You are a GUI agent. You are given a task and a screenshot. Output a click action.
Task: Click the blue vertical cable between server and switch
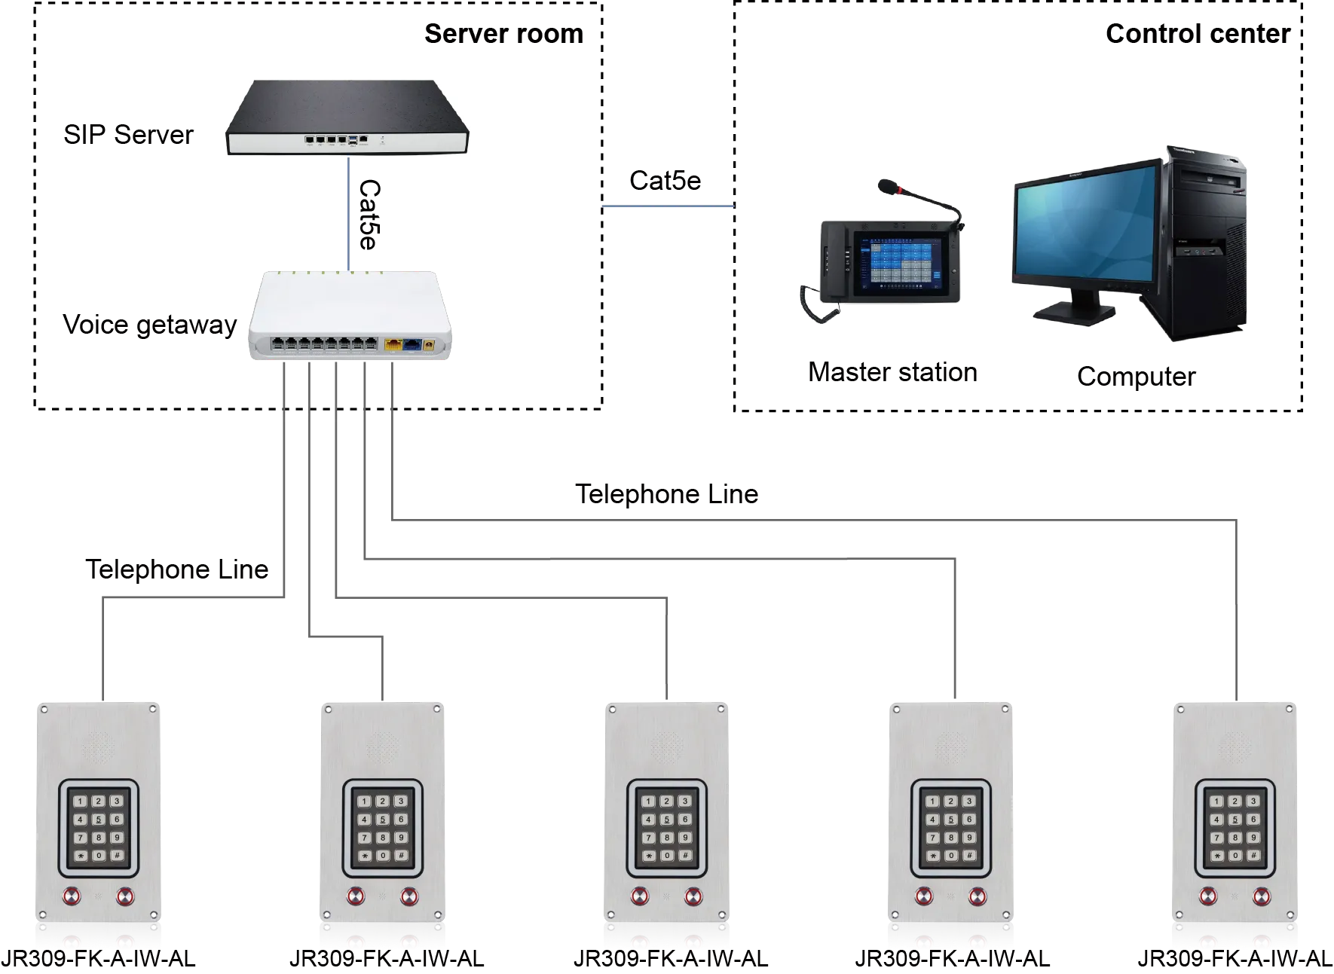(x=347, y=211)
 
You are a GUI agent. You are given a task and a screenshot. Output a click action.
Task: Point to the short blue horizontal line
(x=667, y=207)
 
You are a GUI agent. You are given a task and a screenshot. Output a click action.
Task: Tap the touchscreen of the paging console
(x=900, y=262)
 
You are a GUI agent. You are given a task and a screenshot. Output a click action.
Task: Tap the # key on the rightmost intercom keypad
(x=1253, y=855)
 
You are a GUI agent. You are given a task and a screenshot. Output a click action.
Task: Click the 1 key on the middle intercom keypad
(x=648, y=801)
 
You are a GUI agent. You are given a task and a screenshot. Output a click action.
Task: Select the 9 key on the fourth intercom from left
(x=968, y=837)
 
